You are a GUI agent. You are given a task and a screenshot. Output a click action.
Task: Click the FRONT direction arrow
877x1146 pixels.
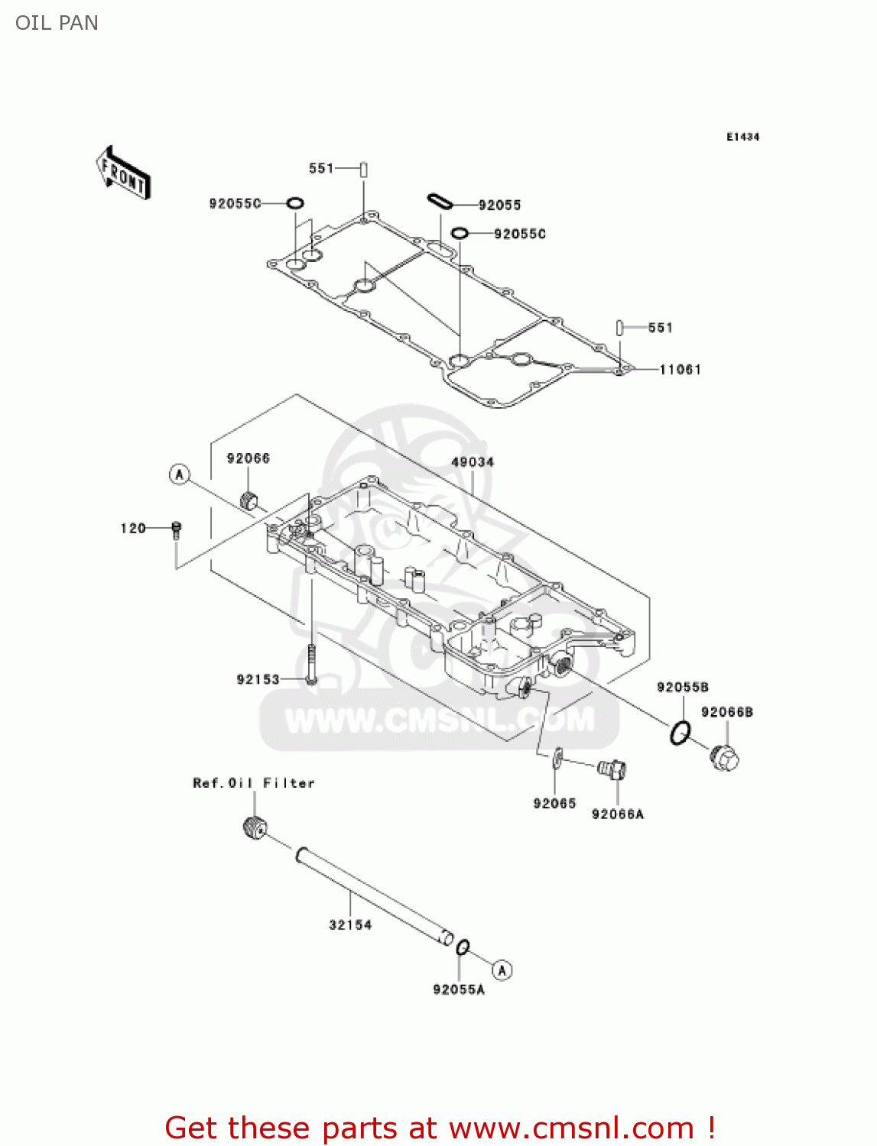[x=123, y=173]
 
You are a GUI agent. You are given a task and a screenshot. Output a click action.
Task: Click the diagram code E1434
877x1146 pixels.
[x=742, y=137]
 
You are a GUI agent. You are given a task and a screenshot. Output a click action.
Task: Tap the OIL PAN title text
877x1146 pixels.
[x=57, y=23]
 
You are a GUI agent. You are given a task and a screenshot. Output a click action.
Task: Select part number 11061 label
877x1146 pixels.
[x=680, y=370]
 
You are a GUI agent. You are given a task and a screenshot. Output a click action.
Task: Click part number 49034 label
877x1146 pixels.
[x=473, y=462]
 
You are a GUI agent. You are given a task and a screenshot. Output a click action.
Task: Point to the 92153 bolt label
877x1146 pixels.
[x=258, y=679]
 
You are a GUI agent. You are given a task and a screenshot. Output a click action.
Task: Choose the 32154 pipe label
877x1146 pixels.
[x=350, y=924]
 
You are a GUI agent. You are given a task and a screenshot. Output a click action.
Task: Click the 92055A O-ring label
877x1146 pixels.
[x=459, y=989]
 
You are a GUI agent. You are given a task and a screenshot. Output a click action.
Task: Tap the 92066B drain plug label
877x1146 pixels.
[x=726, y=712]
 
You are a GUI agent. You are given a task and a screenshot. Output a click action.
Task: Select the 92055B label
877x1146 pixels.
[x=682, y=687]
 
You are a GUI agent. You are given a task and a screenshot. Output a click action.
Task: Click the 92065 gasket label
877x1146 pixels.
[x=554, y=803]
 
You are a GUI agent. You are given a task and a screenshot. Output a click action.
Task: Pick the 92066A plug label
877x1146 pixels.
[x=618, y=814]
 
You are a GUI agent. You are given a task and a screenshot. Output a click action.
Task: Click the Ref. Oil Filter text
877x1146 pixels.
[x=254, y=783]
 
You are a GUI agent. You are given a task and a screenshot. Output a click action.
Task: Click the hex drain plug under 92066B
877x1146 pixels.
[x=725, y=759]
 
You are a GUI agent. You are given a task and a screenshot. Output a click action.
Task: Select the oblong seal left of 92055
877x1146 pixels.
[x=440, y=201]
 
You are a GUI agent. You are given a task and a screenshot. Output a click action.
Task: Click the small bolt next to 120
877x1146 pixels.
[x=177, y=530]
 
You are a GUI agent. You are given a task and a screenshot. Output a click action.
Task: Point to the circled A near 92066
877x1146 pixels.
[x=179, y=474]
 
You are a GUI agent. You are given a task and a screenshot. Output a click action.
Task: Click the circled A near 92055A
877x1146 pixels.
[x=502, y=970]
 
